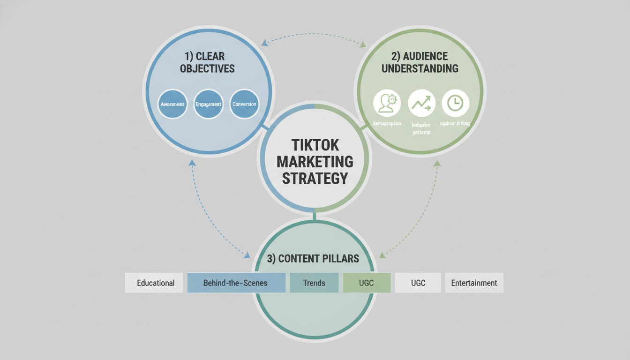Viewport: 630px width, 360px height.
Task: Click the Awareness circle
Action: point(172,104)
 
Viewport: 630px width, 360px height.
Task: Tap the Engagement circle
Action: point(208,104)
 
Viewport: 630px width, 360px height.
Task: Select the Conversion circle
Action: point(244,104)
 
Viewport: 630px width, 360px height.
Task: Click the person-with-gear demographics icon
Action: point(387,103)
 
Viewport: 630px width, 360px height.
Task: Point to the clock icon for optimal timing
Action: point(455,103)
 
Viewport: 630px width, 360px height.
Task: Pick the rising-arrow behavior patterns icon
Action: point(421,103)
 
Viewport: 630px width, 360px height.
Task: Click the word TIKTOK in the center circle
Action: point(315,144)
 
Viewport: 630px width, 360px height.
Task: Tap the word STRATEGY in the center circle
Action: point(315,178)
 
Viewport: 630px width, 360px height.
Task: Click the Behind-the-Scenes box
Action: point(236,283)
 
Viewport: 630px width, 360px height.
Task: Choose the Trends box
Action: point(314,283)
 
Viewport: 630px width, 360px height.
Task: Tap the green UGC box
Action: point(367,283)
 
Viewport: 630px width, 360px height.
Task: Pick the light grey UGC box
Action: point(418,283)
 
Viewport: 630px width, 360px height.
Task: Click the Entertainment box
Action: point(474,283)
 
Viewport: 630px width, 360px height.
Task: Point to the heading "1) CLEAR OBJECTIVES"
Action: point(207,62)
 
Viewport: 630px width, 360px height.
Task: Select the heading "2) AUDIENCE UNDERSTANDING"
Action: point(420,62)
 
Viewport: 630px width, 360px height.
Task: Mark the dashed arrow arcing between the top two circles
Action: point(314,34)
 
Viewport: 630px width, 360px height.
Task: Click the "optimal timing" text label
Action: point(455,124)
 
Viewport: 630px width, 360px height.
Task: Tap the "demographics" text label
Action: point(387,123)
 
